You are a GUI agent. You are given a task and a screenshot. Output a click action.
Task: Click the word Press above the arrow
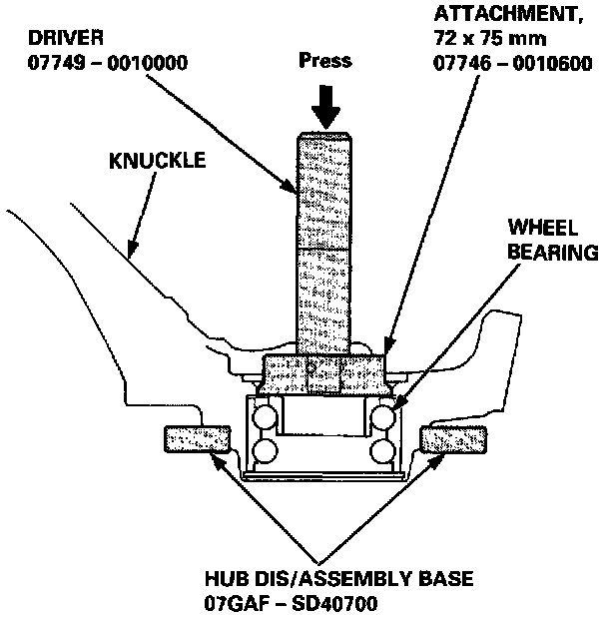[325, 60]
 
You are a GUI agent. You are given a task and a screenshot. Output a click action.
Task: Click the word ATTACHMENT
[494, 17]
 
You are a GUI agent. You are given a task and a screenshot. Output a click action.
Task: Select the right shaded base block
[453, 438]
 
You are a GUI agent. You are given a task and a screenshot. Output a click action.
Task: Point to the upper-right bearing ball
[381, 414]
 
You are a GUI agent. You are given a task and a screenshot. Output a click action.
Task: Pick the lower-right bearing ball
[381, 450]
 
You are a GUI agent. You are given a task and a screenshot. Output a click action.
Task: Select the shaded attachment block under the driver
[322, 375]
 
